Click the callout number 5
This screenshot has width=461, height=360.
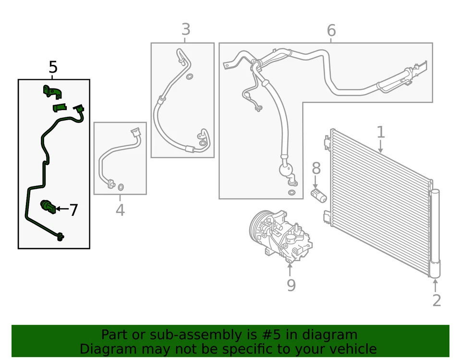pyautogui.click(x=53, y=68)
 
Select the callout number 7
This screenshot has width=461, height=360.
pyautogui.click(x=73, y=210)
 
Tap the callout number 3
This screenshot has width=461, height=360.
pyautogui.click(x=186, y=30)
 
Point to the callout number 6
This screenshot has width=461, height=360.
pyautogui.click(x=331, y=31)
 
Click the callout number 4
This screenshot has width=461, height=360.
pyautogui.click(x=120, y=210)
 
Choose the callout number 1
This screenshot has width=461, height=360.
pyautogui.click(x=380, y=132)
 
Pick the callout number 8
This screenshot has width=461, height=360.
pyautogui.click(x=315, y=168)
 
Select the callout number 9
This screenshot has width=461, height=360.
pyautogui.click(x=291, y=285)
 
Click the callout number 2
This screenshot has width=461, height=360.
pyautogui.click(x=436, y=300)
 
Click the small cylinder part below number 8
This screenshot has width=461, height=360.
pyautogui.click(x=317, y=195)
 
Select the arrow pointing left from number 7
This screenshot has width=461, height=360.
pyautogui.click(x=61, y=209)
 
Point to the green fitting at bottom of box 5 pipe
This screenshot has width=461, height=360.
pyautogui.click(x=60, y=236)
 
